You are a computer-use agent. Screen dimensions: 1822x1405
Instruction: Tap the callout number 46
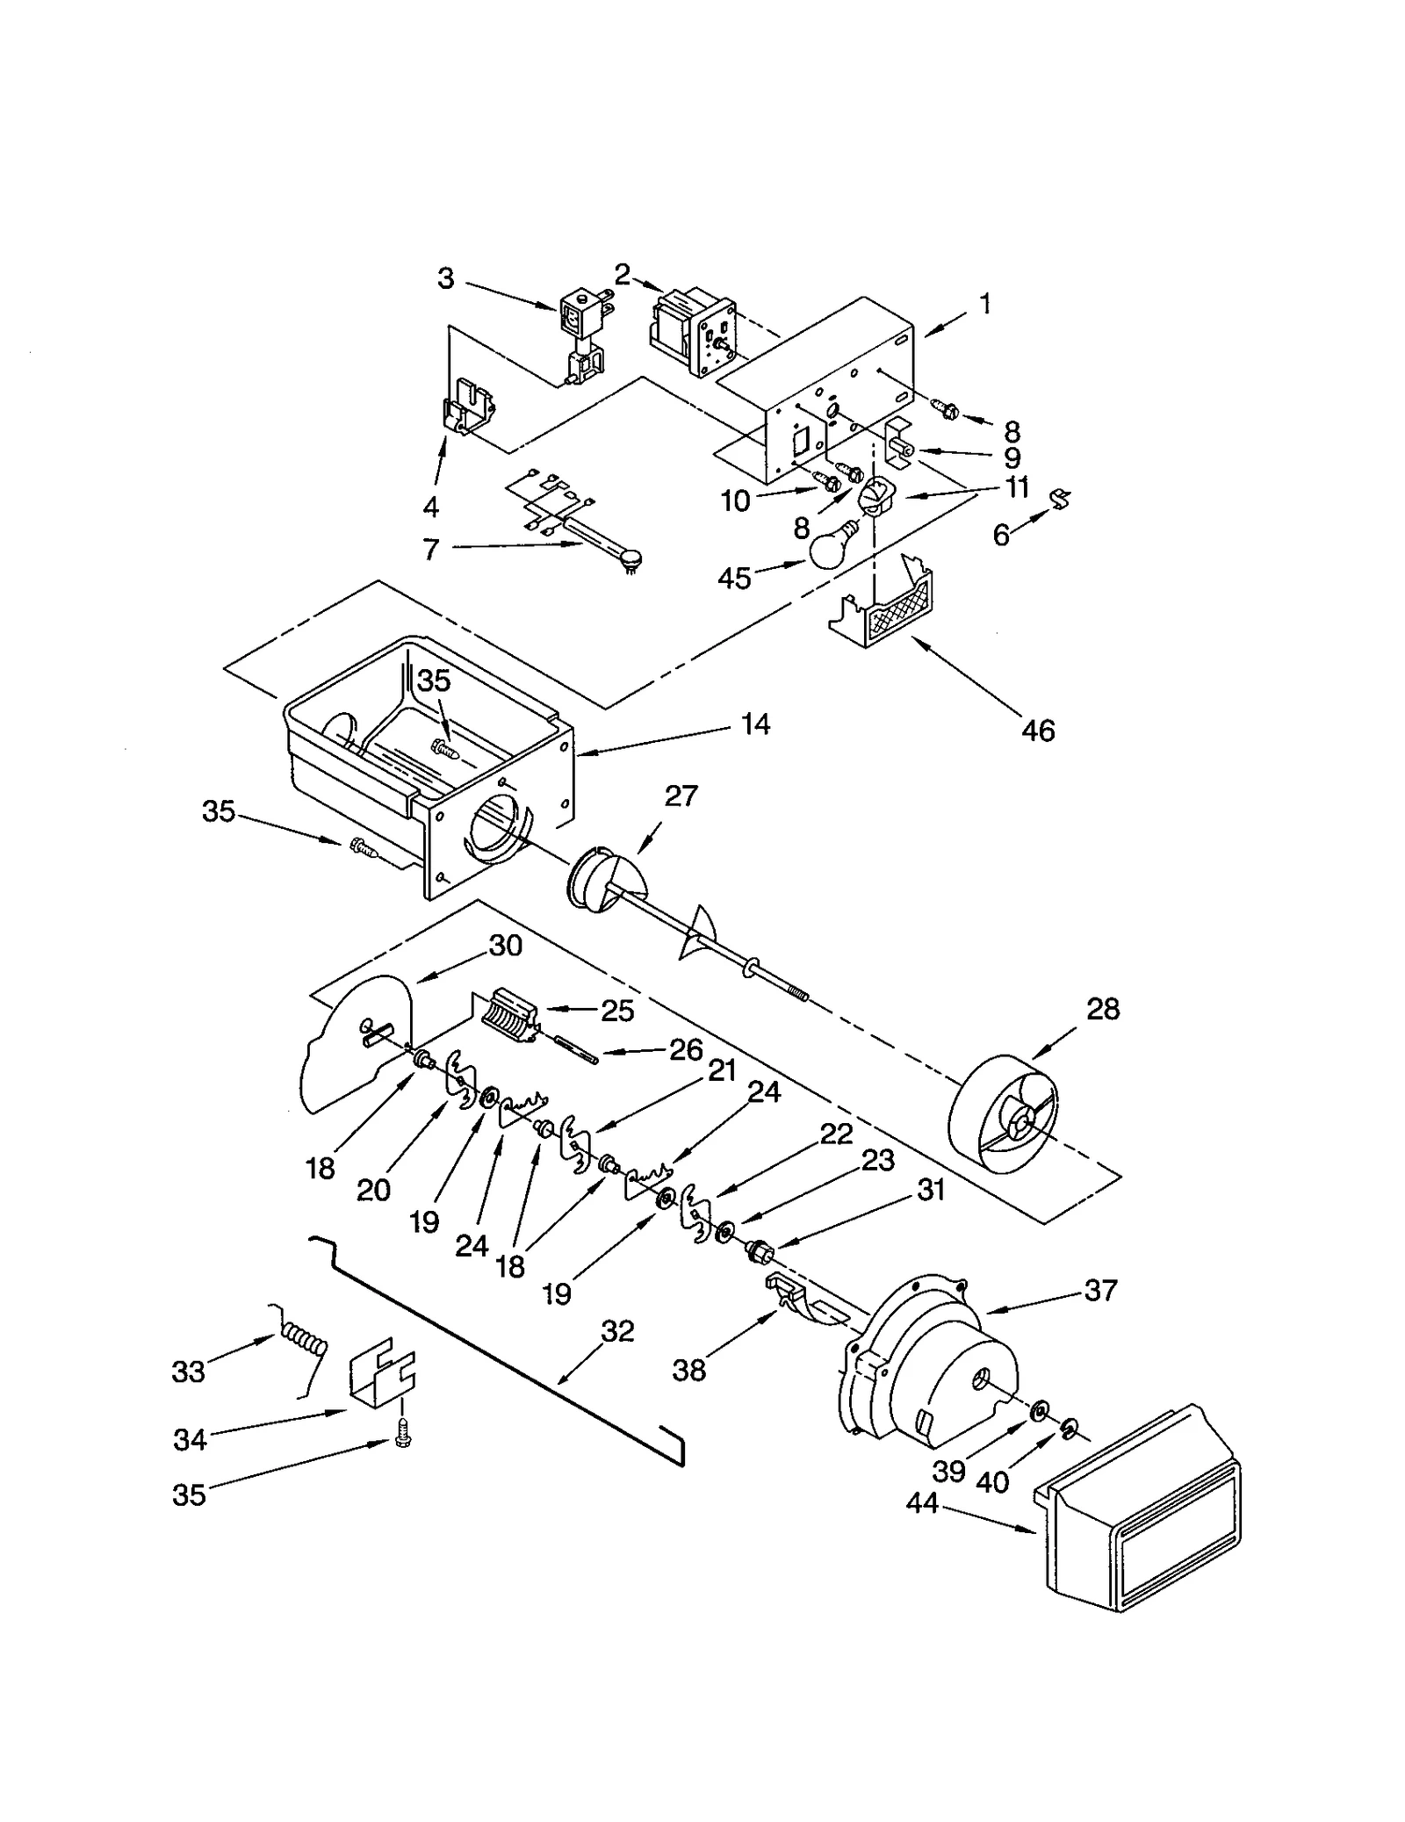1037,730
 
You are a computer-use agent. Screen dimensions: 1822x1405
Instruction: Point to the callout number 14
754,724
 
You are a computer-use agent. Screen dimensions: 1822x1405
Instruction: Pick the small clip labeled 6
1063,501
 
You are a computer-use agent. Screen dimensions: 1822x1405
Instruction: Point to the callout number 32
617,1331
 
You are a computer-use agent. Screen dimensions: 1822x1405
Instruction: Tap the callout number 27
681,796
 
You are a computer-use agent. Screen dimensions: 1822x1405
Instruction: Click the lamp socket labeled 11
875,499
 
